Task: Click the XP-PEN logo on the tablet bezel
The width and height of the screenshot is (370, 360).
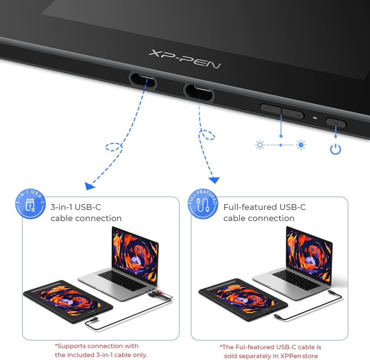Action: [185, 59]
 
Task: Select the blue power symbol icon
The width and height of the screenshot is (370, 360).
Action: [335, 149]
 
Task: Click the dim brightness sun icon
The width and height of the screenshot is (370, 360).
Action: [260, 145]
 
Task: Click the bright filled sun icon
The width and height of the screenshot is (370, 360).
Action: [301, 145]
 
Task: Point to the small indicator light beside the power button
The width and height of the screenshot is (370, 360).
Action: [315, 118]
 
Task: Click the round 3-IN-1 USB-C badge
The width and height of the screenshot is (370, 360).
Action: [30, 204]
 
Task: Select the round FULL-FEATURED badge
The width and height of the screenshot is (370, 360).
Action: [203, 204]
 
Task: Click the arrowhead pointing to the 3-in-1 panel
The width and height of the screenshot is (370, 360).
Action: [90, 186]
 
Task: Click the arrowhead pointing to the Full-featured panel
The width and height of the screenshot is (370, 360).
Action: [214, 180]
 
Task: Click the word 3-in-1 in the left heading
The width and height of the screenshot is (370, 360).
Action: [61, 207]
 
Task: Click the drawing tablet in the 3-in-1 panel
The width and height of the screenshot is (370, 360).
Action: [68, 301]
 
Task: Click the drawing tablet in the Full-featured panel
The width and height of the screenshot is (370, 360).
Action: [243, 300]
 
